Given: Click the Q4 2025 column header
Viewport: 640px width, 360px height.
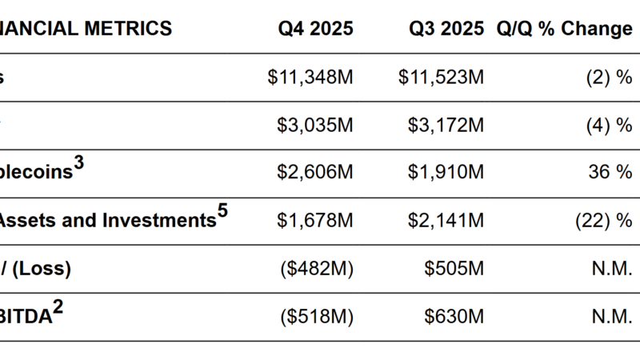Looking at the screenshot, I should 316,29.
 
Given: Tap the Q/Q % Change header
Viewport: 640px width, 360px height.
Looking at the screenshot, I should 564,29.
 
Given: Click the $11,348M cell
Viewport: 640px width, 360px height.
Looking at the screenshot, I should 311,78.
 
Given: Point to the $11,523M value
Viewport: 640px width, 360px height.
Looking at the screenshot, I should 442,78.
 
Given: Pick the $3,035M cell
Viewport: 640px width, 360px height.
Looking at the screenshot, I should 315,126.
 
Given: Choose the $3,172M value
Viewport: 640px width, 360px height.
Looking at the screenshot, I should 446,126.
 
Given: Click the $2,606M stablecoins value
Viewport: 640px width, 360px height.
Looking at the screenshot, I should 315,174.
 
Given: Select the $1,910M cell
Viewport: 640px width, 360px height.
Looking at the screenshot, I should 446,174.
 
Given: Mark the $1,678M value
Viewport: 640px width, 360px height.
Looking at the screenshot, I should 315,222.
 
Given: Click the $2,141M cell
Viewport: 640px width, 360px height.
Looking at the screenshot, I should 446,222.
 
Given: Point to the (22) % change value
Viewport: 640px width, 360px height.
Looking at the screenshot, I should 603,222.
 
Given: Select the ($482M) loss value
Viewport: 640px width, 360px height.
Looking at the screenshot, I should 317,270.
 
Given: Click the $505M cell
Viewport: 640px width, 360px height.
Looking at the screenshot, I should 454,270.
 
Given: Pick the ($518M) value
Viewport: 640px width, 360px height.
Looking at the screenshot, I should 317,317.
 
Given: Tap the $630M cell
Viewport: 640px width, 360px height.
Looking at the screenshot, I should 454,317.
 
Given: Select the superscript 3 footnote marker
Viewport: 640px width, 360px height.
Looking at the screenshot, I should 78,165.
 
